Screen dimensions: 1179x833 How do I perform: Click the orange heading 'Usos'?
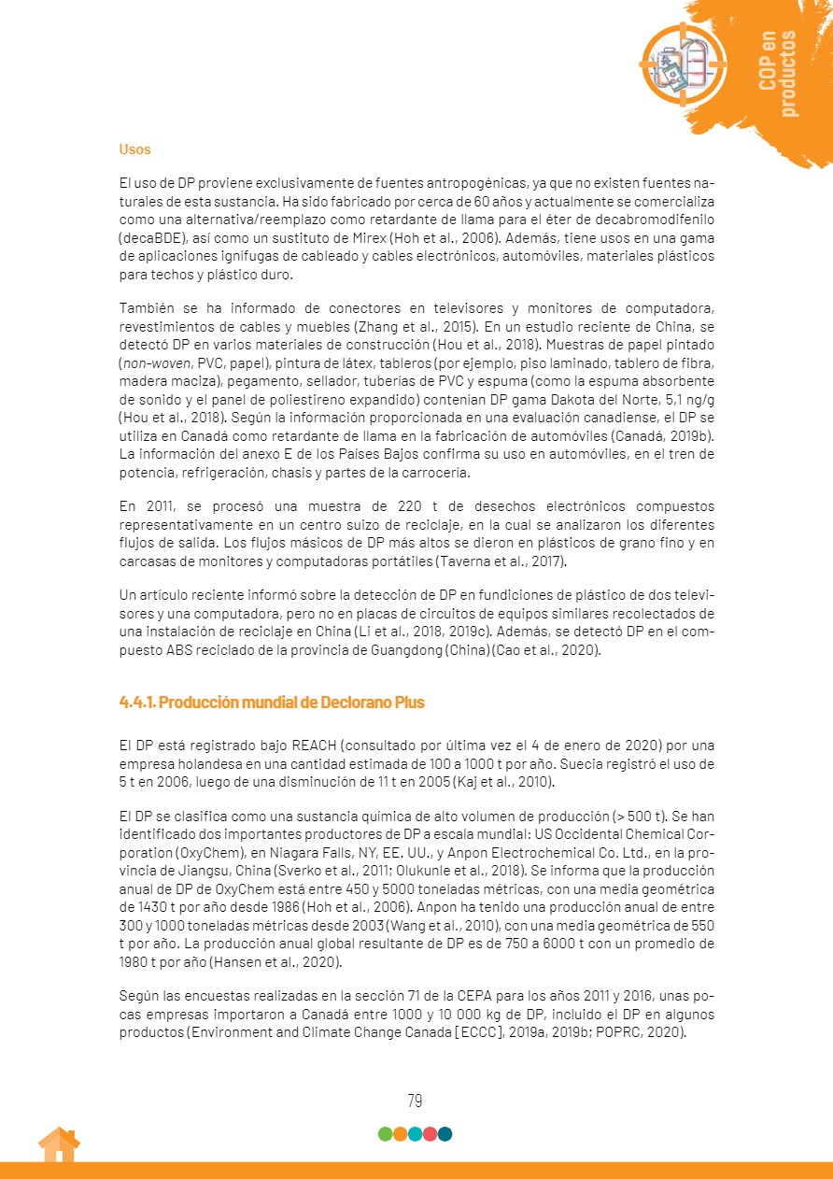pos(134,149)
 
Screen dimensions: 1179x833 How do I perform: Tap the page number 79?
pos(415,1101)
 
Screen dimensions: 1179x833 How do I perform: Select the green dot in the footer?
pos(385,1134)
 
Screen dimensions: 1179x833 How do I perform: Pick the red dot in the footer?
pos(430,1134)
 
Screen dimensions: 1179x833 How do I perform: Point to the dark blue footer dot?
pos(445,1134)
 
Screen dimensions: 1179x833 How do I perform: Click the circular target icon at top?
pos(683,64)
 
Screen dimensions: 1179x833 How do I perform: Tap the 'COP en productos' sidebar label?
pos(778,75)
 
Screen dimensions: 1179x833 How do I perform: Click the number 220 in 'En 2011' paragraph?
pos(411,506)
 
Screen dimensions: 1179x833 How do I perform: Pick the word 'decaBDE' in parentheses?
pos(152,237)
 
